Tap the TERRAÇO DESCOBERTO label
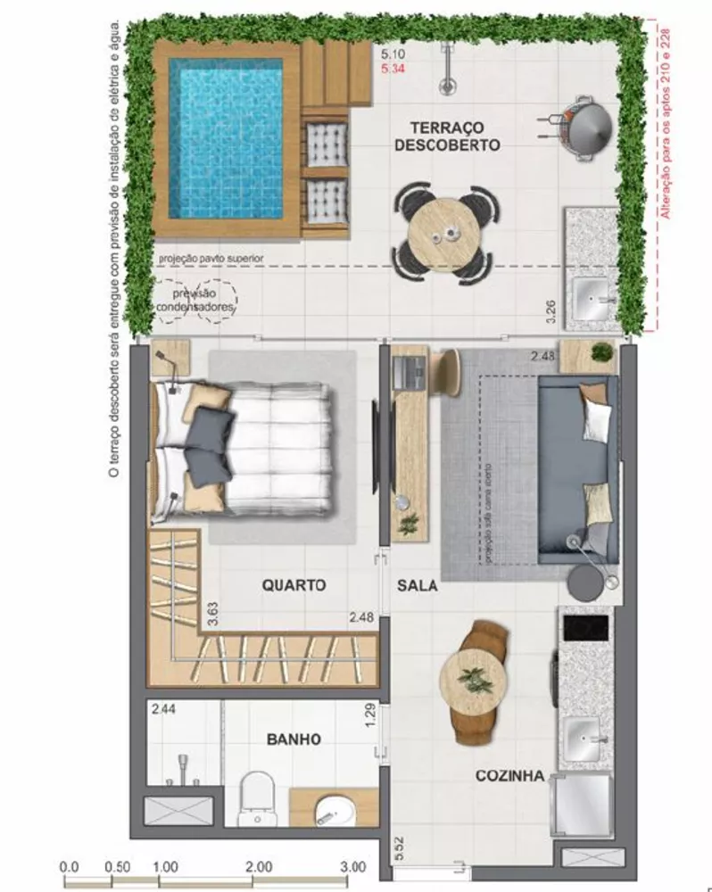(x=447, y=135)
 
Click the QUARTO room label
(x=294, y=586)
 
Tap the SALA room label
(x=417, y=586)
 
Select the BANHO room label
(x=294, y=739)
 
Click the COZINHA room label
(x=509, y=777)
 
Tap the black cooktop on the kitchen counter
(x=584, y=628)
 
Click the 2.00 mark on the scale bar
(x=259, y=866)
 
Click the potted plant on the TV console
(x=408, y=524)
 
